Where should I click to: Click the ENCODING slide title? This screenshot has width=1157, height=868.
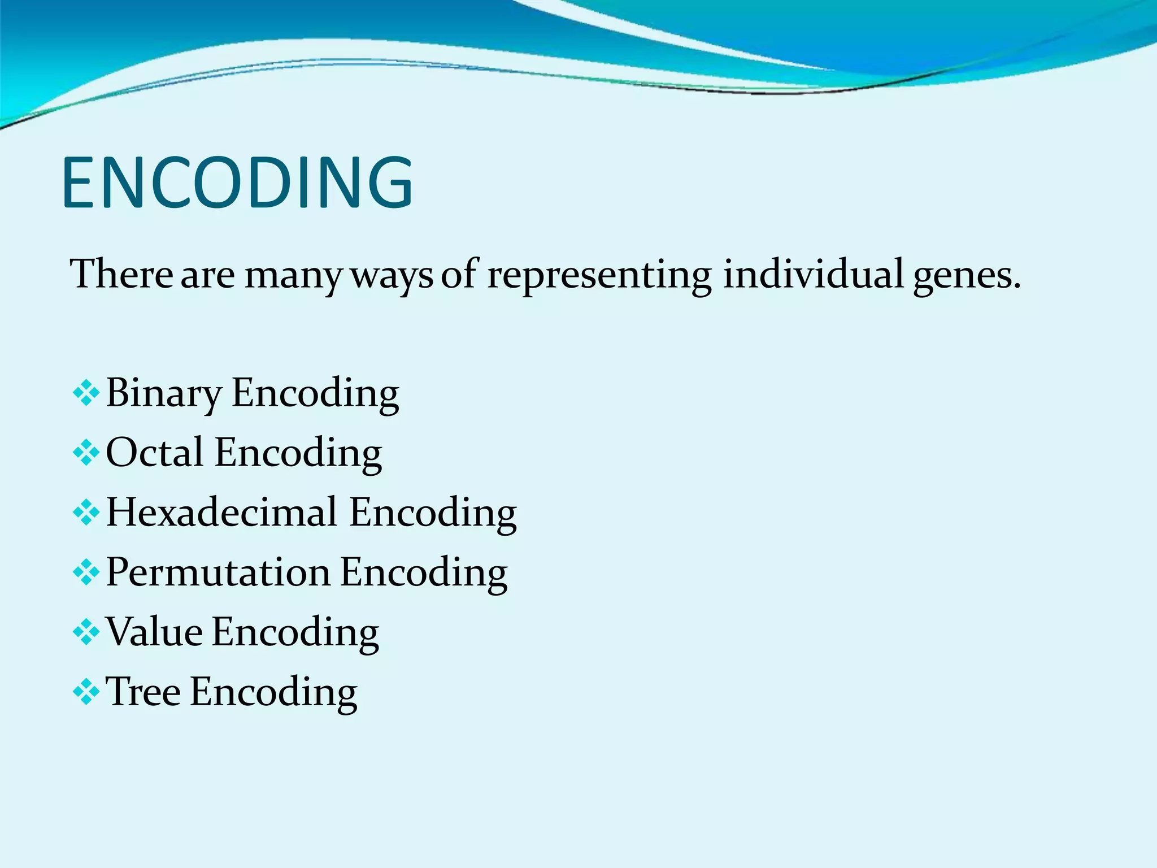tap(237, 183)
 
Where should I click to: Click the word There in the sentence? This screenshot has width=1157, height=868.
tap(121, 274)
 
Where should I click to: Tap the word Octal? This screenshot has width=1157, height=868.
tap(154, 452)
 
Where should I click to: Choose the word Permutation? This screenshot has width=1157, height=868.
tap(218, 572)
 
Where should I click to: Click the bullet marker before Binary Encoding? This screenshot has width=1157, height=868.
tap(86, 393)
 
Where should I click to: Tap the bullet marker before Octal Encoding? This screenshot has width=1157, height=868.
tap(86, 453)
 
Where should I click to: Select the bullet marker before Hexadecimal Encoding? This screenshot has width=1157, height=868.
tap(86, 513)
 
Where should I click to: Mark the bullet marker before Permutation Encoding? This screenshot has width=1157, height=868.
tap(86, 572)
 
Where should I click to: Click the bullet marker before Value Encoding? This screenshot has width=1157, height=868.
tap(86, 632)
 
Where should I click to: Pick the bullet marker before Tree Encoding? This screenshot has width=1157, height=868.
tap(86, 692)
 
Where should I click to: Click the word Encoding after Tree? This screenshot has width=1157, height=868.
tap(273, 693)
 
